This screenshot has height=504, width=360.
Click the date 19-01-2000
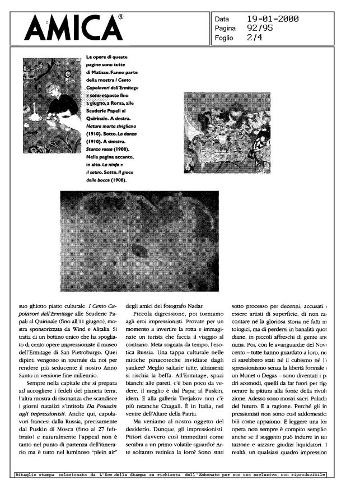pos(272,19)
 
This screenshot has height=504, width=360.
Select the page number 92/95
pos(259,29)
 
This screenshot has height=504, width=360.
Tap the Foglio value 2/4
pos(255,38)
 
